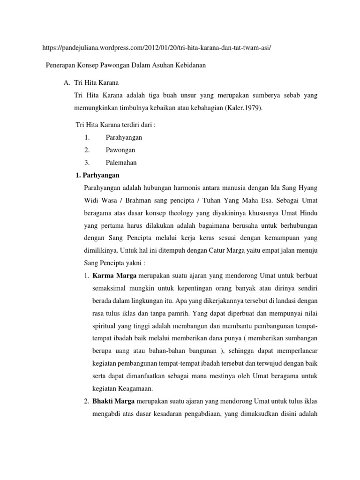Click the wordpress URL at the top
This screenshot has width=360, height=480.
click(157, 48)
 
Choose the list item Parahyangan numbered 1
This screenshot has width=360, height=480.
click(124, 137)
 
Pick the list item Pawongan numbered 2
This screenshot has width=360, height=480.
click(120, 150)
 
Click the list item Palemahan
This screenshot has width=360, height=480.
click(121, 163)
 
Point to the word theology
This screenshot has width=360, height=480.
click(184, 213)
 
